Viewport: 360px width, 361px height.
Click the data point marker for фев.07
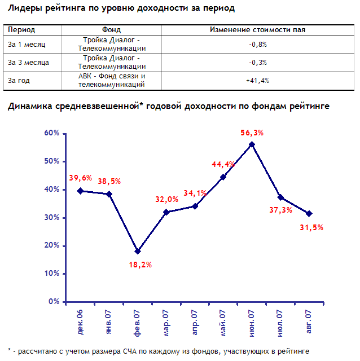[138, 251]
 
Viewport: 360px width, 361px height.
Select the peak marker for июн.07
[252, 144]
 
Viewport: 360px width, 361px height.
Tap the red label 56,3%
[252, 133]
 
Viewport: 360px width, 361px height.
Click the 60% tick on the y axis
[52, 133]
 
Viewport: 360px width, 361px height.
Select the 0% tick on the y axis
[54, 302]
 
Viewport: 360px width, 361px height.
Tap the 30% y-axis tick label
[52, 218]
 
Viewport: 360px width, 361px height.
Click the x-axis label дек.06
[81, 320]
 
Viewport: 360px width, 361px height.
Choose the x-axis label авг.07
[308, 320]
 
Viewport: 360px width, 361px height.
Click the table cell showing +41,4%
[257, 81]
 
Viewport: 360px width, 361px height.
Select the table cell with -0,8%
[257, 43]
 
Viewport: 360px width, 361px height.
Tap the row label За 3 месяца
[29, 62]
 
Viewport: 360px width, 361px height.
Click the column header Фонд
[111, 29]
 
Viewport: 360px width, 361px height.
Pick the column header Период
[21, 29]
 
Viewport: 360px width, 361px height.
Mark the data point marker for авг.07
[309, 213]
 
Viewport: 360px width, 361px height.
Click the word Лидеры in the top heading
[24, 8]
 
